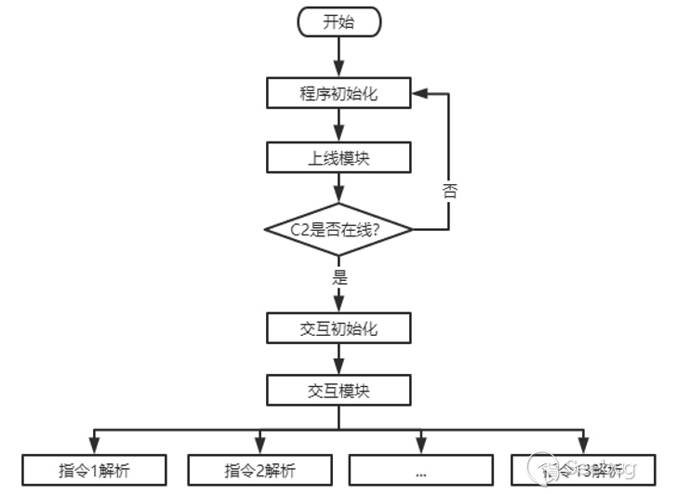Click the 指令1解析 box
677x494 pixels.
(94, 470)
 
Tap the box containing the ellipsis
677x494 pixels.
(420, 470)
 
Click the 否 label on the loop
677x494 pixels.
(450, 192)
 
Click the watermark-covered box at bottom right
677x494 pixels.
(583, 470)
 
